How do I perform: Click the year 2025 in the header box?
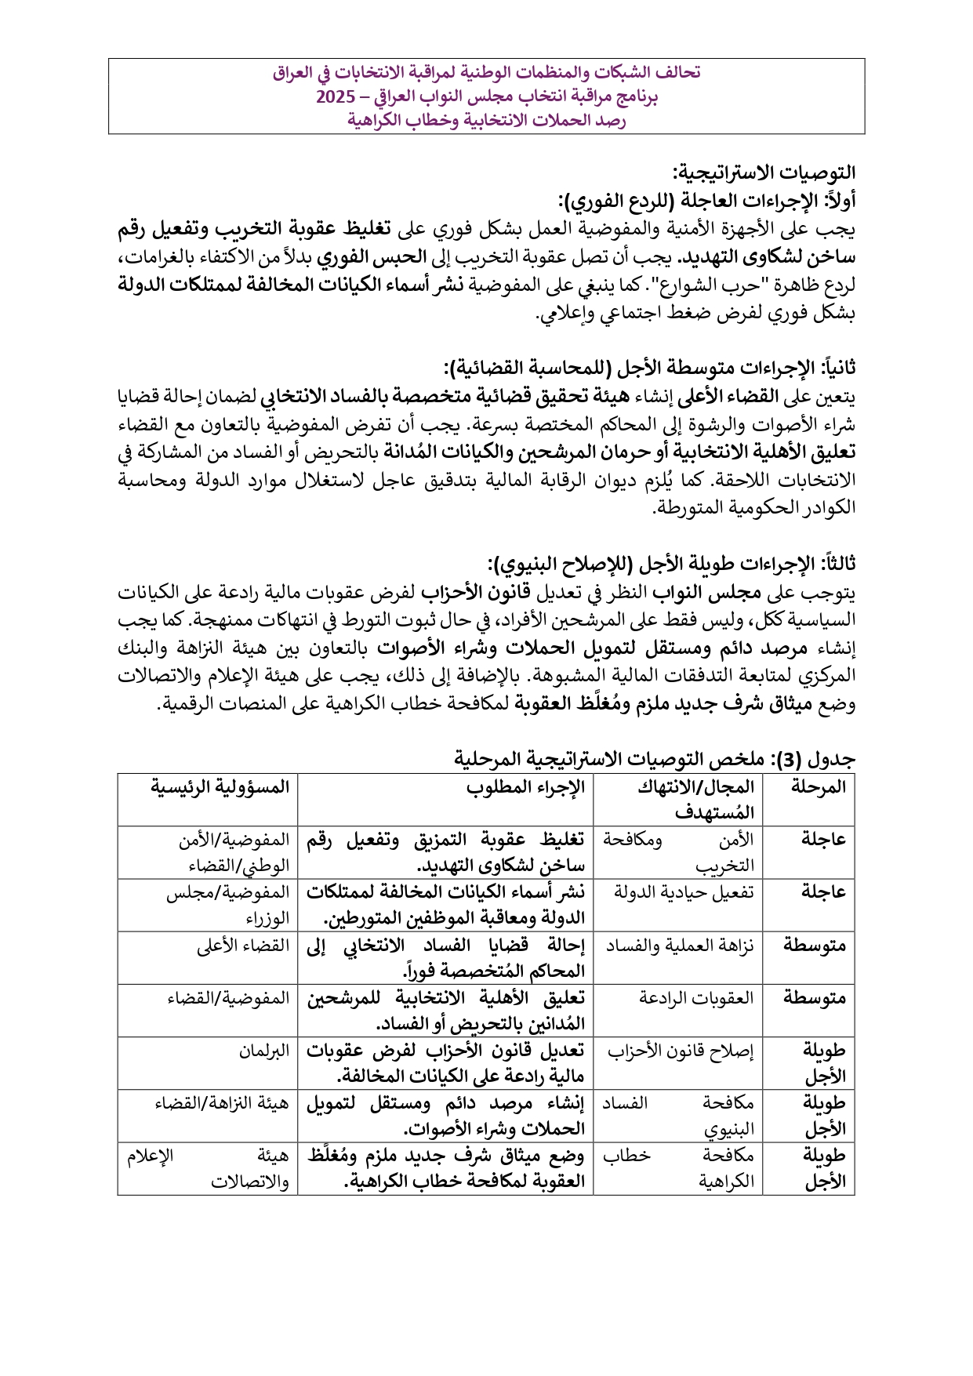[335, 97]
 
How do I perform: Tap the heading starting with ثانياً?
[649, 368]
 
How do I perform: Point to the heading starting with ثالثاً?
[671, 564]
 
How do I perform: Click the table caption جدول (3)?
[655, 759]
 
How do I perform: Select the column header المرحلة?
[818, 786]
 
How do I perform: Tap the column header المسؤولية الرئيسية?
[220, 786]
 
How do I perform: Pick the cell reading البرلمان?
[264, 1051]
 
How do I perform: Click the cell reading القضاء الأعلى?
[243, 946]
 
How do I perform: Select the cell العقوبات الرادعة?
[696, 998]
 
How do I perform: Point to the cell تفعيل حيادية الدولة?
[684, 892]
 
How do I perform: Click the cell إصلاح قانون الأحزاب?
[681, 1051]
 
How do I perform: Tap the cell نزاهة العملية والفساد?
[680, 946]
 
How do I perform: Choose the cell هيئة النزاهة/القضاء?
[222, 1103]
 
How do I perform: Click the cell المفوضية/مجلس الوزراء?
[228, 905]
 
